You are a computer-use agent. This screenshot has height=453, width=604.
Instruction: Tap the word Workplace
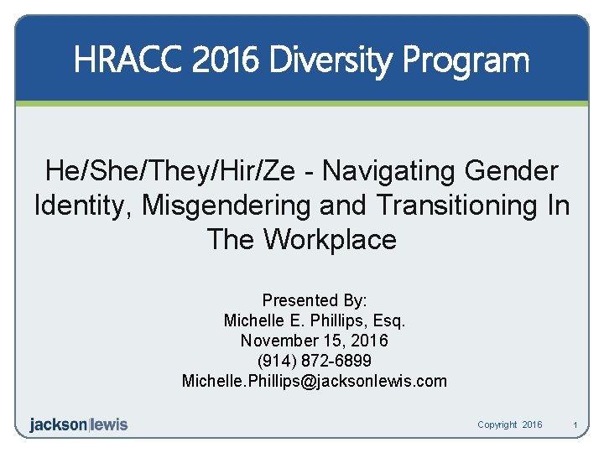click(x=330, y=240)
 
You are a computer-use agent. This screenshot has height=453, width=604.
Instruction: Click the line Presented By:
click(x=315, y=300)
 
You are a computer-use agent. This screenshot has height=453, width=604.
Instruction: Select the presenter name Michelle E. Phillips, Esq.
click(x=315, y=320)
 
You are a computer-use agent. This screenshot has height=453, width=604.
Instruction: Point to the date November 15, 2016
click(x=315, y=341)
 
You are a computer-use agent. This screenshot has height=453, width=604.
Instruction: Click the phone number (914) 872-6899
click(x=315, y=361)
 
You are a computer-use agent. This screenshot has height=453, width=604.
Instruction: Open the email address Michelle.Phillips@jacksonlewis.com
click(x=315, y=381)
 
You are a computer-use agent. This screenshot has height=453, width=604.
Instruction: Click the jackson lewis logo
click(x=79, y=424)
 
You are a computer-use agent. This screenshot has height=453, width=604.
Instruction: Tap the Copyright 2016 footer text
click(x=509, y=425)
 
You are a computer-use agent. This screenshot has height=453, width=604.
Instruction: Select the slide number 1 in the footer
click(x=575, y=425)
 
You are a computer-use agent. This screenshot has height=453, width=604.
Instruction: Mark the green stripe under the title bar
click(x=302, y=103)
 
